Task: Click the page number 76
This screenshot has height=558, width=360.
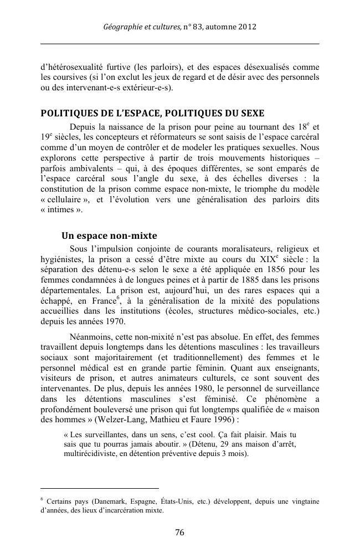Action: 179,533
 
